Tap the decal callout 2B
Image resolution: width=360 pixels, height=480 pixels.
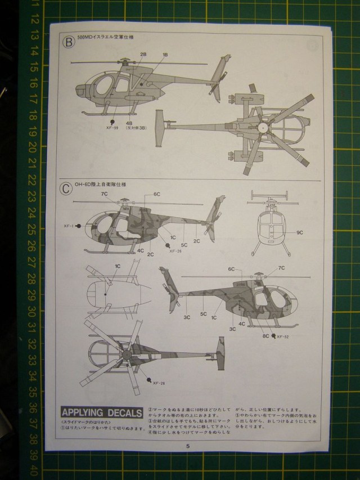click(143, 54)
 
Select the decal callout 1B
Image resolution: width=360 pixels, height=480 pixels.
click(165, 54)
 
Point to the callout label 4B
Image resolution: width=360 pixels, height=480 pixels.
click(129, 123)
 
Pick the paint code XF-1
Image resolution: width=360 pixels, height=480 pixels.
click(69, 226)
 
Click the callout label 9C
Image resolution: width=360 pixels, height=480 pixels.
click(300, 232)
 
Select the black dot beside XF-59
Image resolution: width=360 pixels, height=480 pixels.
click(112, 122)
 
